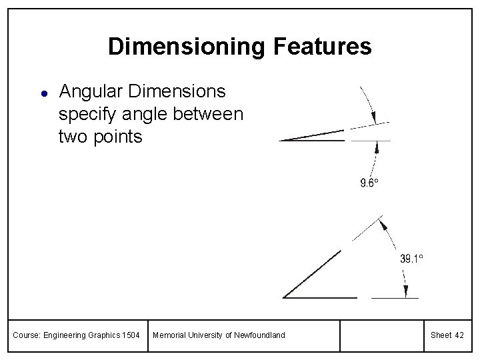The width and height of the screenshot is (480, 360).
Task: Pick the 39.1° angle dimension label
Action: coord(411,259)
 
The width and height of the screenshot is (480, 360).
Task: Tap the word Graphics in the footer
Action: coord(99,335)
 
